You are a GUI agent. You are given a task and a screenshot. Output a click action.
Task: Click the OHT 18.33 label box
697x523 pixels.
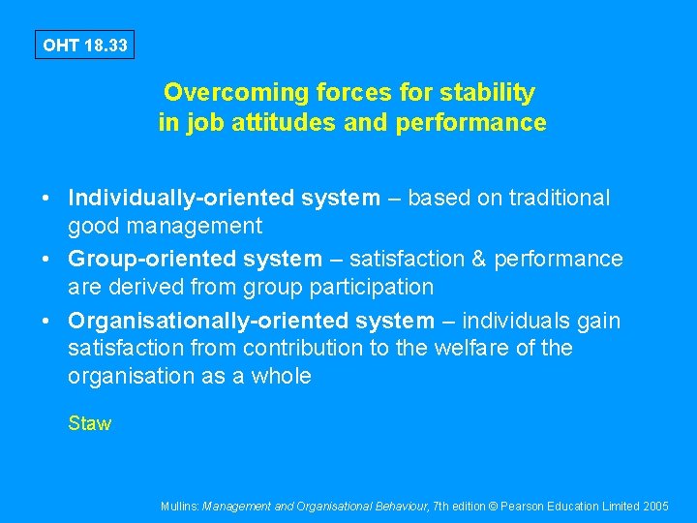point(84,45)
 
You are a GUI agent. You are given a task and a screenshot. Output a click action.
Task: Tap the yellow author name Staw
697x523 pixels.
point(89,423)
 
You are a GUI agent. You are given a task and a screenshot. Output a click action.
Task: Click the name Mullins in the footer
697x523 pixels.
point(179,507)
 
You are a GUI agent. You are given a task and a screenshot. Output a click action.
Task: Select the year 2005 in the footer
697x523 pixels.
point(655,507)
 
